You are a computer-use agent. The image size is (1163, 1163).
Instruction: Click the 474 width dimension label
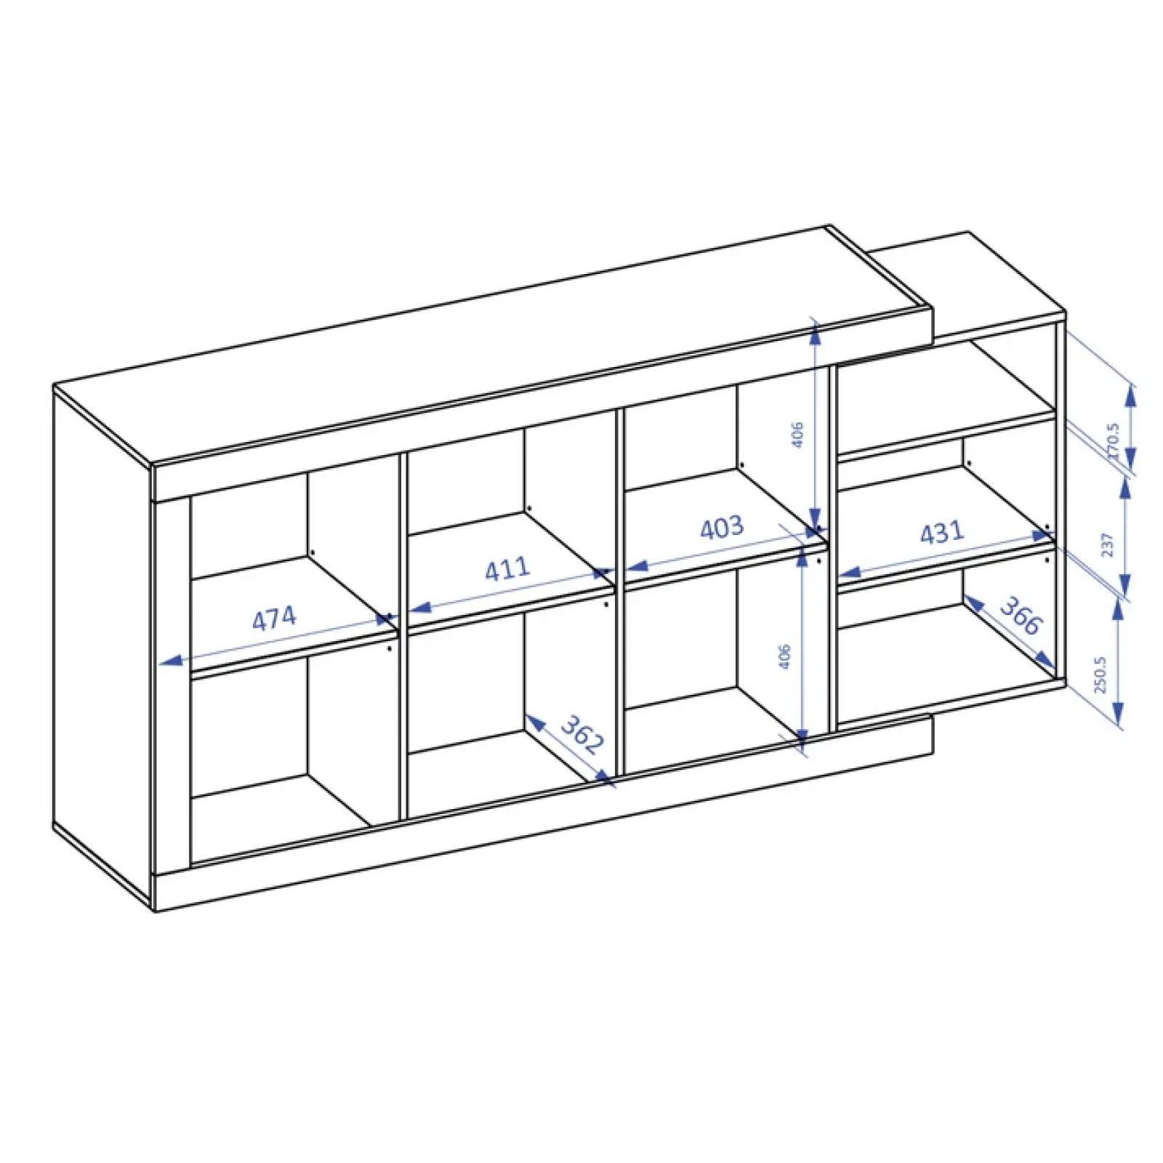click(x=274, y=619)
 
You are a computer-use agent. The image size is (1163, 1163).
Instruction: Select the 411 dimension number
click(x=507, y=568)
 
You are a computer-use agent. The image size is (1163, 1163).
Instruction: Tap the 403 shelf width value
click(x=722, y=528)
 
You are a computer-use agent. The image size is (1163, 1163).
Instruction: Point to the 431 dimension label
click(x=942, y=534)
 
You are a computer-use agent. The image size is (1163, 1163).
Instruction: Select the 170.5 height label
click(x=1112, y=440)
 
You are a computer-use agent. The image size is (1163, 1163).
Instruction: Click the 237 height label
click(x=1107, y=544)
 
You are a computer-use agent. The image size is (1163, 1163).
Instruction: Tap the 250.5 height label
click(x=1100, y=675)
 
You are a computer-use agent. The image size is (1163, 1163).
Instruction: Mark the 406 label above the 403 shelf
click(x=797, y=434)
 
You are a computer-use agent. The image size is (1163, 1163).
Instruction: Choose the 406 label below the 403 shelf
click(x=784, y=656)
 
